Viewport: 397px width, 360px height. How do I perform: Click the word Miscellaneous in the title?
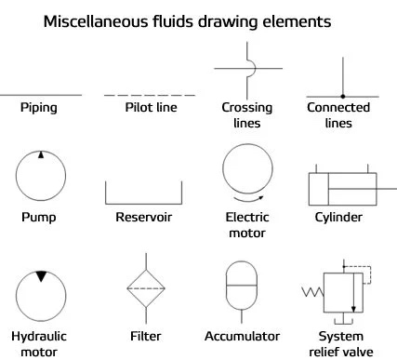click(x=96, y=21)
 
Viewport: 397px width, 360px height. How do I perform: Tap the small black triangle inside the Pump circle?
click(x=41, y=154)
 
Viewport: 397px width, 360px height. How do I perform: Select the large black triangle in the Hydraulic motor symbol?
click(x=41, y=276)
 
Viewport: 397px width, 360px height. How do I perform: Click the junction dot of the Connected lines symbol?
click(x=343, y=97)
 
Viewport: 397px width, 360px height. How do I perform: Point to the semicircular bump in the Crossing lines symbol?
click(x=255, y=68)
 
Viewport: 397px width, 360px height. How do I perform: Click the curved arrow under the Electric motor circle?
click(x=249, y=199)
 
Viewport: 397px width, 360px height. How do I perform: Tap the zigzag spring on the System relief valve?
click(x=312, y=292)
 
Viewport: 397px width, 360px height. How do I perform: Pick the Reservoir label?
click(x=143, y=217)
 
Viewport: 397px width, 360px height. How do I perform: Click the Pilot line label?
click(x=151, y=107)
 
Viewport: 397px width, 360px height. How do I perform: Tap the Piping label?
click(x=39, y=108)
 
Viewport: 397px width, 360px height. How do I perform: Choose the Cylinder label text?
click(x=338, y=218)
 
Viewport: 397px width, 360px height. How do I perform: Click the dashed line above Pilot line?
click(x=150, y=95)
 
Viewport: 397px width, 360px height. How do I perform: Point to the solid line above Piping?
click(x=41, y=95)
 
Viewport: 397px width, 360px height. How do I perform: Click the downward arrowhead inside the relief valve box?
click(x=353, y=309)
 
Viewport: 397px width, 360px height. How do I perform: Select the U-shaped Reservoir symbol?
click(x=143, y=204)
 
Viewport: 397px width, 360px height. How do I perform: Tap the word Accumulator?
click(x=242, y=337)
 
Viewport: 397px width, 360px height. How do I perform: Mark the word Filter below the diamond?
click(x=145, y=337)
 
